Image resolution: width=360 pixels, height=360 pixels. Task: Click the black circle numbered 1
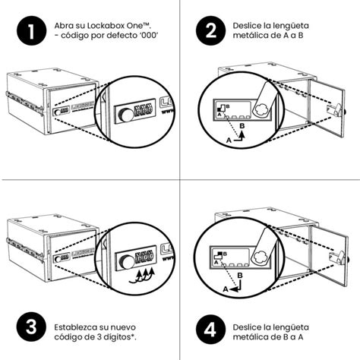point(30,31)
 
